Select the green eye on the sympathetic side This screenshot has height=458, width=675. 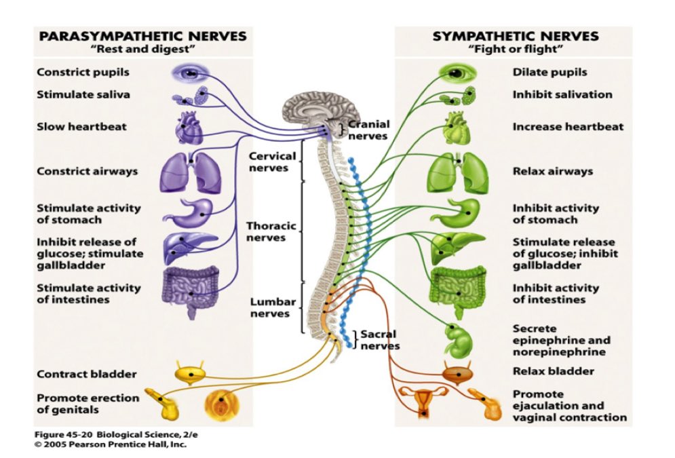(x=458, y=73)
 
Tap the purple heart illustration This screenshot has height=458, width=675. (x=189, y=128)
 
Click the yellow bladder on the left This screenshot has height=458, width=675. (x=190, y=374)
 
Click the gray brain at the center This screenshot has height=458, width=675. (x=320, y=112)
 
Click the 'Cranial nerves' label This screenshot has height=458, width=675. (x=368, y=130)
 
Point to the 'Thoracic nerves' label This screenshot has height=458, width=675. (x=271, y=231)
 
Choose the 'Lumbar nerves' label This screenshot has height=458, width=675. (x=273, y=308)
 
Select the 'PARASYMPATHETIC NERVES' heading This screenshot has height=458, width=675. (x=143, y=36)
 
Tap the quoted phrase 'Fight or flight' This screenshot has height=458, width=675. (x=516, y=49)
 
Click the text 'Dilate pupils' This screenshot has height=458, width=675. (x=549, y=73)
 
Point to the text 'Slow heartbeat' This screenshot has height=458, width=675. (x=82, y=127)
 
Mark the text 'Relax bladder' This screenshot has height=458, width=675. (x=553, y=371)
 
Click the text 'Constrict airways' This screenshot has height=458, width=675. (x=88, y=171)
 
